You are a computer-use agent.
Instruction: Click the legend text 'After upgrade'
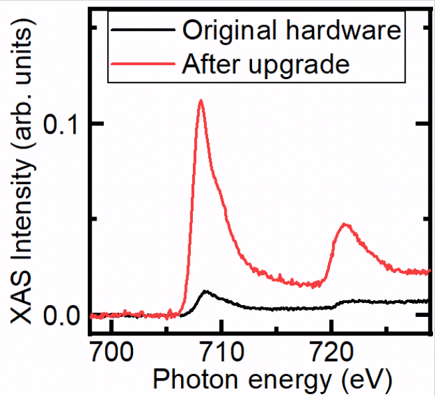coord(265,64)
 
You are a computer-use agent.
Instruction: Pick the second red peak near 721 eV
coord(345,225)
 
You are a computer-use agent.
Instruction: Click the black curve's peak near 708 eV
coord(206,291)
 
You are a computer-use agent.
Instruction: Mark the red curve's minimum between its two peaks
coord(313,286)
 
